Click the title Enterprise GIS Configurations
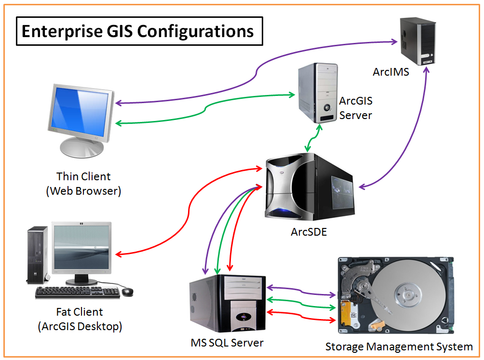click(x=138, y=31)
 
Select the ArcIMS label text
click(x=390, y=72)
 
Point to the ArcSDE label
click(x=309, y=232)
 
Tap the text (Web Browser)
click(x=83, y=191)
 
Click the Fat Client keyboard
click(x=77, y=292)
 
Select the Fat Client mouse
click(x=127, y=292)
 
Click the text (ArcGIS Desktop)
click(x=80, y=326)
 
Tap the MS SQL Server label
click(x=227, y=343)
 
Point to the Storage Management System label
click(x=399, y=347)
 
